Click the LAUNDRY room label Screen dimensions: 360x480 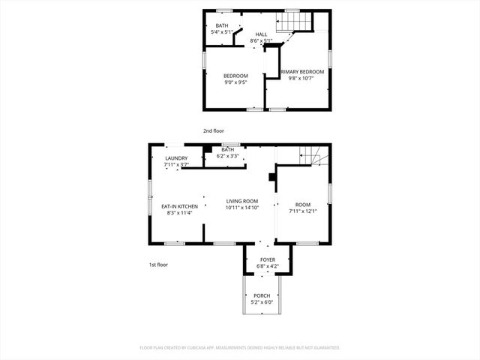pyautogui.click(x=176, y=158)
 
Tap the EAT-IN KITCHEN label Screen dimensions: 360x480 pyautogui.click(x=180, y=206)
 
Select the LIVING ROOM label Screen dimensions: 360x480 pyautogui.click(x=242, y=201)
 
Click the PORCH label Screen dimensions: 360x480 pyautogui.click(x=262, y=295)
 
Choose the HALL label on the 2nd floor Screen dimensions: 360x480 pyautogui.click(x=261, y=34)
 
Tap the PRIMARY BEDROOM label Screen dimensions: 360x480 pyautogui.click(x=307, y=71)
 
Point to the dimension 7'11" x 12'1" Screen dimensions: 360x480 pyautogui.click(x=303, y=211)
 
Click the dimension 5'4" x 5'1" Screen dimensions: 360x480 pyautogui.click(x=223, y=32)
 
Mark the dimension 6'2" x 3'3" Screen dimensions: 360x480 pyautogui.click(x=227, y=156)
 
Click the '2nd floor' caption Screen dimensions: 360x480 pyautogui.click(x=214, y=130)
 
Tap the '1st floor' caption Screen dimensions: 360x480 pyautogui.click(x=158, y=265)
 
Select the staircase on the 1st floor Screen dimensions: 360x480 pyautogui.click(x=313, y=157)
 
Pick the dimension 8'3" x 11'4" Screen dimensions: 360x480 pyautogui.click(x=180, y=213)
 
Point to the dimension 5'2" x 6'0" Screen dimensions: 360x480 pyautogui.click(x=262, y=302)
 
